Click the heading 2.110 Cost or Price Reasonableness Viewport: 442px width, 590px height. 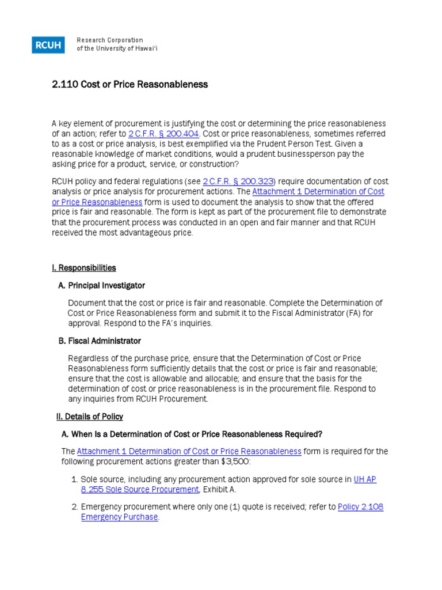[x=129, y=85]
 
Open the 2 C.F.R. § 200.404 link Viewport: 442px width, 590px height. [x=163, y=134]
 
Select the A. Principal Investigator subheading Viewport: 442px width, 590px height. [x=101, y=285]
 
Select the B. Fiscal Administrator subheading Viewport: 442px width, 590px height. [x=99, y=341]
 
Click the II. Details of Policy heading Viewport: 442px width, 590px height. [x=87, y=417]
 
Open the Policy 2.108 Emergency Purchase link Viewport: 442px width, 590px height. [x=360, y=507]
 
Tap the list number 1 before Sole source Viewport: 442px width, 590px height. [x=74, y=479]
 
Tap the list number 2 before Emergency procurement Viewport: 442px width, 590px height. [x=74, y=507]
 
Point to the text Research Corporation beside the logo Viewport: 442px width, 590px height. [x=109, y=40]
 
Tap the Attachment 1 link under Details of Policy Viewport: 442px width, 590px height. [x=189, y=451]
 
